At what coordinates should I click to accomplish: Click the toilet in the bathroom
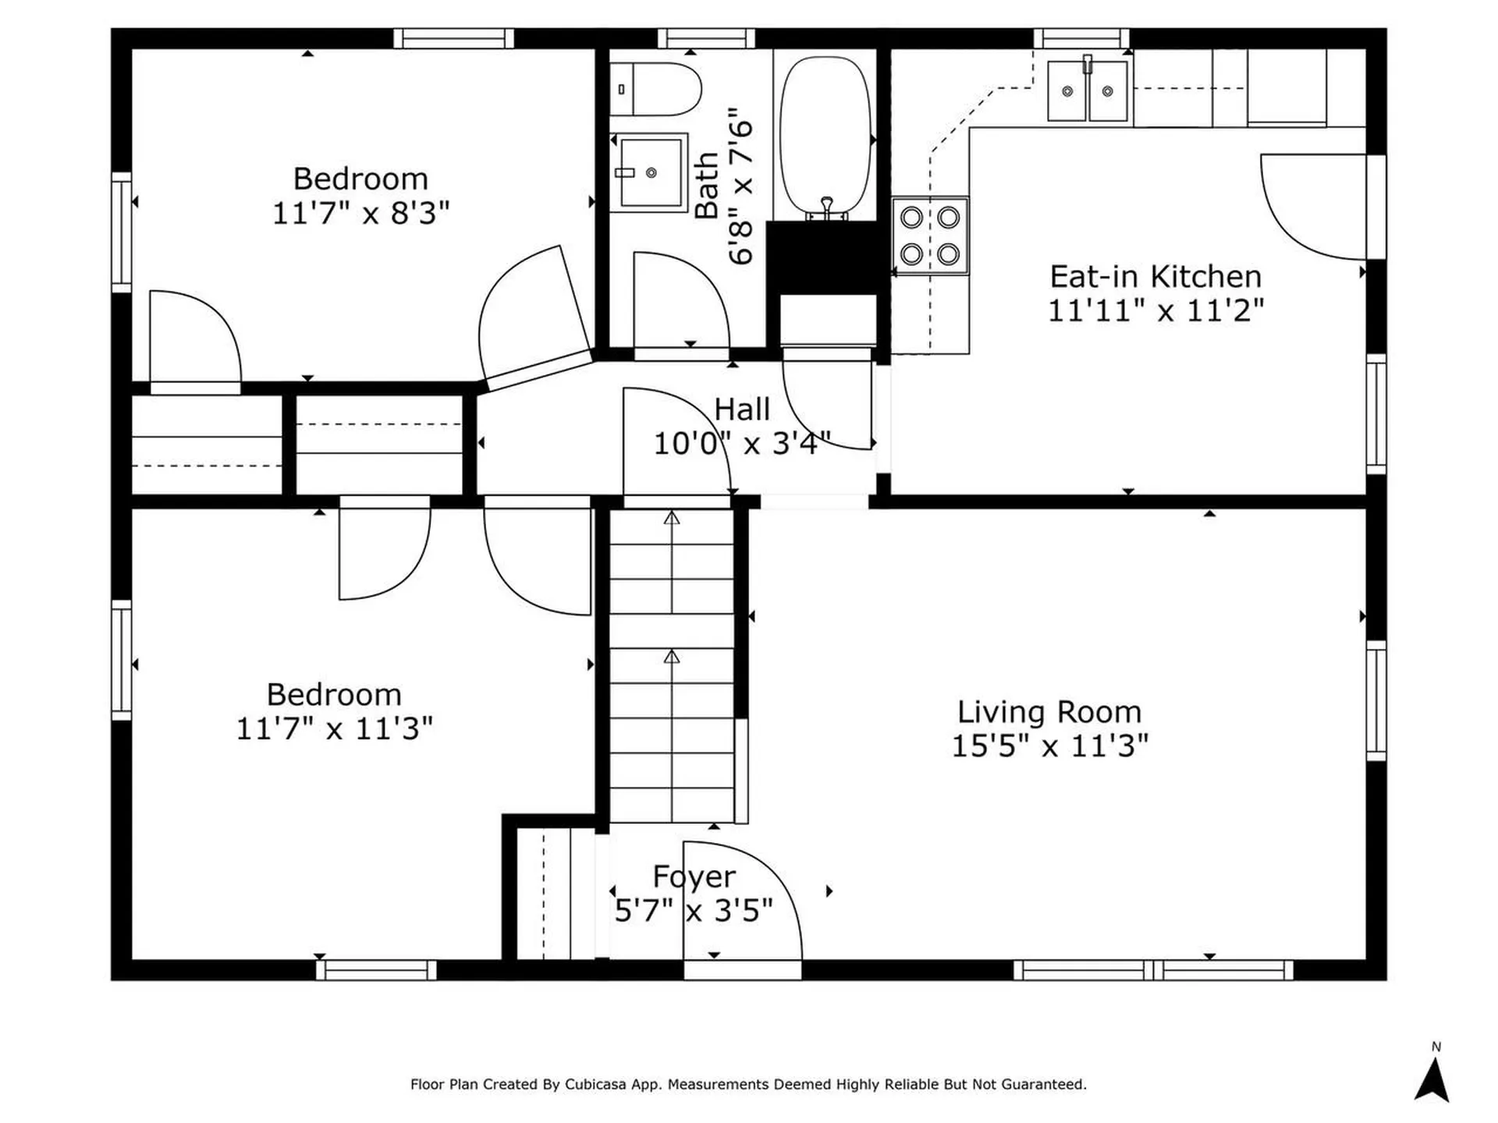(655, 90)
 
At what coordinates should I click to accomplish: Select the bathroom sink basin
(649, 172)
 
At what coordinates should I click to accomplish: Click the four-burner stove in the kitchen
(930, 236)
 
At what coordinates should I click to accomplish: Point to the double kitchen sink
(1088, 91)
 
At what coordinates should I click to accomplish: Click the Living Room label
(1049, 712)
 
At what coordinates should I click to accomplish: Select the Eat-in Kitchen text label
(1155, 277)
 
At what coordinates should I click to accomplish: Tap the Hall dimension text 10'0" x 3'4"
(742, 444)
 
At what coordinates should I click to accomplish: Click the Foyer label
(694, 877)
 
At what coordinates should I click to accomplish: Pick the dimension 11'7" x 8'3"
(360, 213)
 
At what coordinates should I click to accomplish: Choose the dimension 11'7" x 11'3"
(334, 729)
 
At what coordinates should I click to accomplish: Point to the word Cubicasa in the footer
(597, 1084)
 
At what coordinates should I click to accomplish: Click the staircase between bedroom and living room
(672, 665)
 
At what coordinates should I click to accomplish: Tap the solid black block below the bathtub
(822, 258)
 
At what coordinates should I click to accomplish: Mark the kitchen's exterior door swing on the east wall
(1313, 207)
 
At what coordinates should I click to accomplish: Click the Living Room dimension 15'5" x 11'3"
(1049, 746)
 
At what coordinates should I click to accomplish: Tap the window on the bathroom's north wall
(707, 38)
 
